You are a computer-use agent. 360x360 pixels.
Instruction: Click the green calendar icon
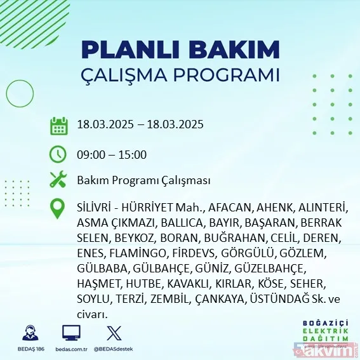coord(58,125)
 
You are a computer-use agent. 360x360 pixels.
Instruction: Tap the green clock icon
coord(58,154)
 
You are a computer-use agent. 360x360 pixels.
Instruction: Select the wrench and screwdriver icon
coord(58,180)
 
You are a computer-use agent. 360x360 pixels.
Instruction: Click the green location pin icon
coord(58,209)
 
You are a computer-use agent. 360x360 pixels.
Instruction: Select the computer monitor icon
coord(70,333)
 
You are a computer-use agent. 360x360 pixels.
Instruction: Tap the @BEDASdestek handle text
coord(114,349)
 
